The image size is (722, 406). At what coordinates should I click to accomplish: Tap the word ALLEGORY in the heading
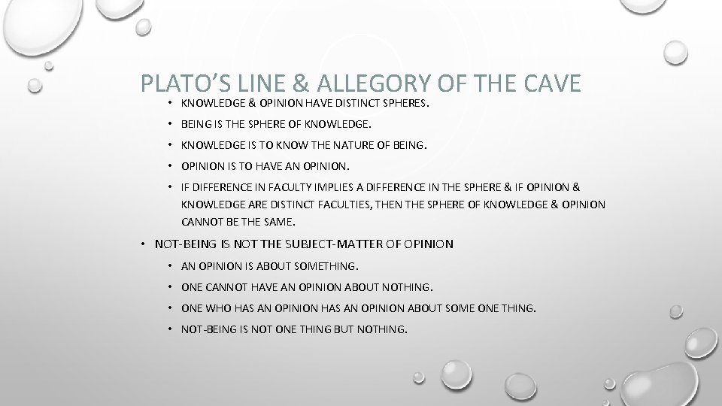click(x=356, y=83)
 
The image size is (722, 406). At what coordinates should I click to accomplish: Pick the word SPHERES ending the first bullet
click(x=404, y=104)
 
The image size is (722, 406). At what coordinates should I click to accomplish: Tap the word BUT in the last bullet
click(x=351, y=329)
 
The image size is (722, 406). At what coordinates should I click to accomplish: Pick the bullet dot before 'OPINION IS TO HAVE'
click(x=171, y=165)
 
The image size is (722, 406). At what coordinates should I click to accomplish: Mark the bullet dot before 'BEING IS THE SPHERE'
click(x=171, y=124)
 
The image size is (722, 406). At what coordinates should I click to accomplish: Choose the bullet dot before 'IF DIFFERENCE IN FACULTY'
click(x=171, y=186)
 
